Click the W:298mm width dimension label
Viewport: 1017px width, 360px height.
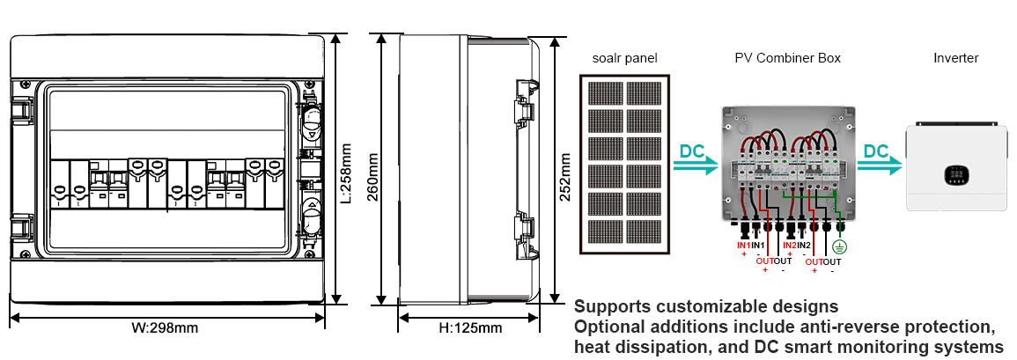tap(165, 328)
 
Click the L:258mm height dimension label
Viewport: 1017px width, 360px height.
tap(347, 173)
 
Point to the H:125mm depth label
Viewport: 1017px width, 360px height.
tap(469, 328)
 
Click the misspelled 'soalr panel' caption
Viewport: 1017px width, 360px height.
tap(624, 58)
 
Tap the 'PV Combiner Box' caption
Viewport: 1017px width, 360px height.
tap(787, 58)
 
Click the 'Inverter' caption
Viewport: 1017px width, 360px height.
tap(955, 58)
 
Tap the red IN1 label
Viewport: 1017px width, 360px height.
tap(743, 245)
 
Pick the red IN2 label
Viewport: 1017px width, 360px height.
tap(790, 245)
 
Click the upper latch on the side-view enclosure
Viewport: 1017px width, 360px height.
tap(526, 96)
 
